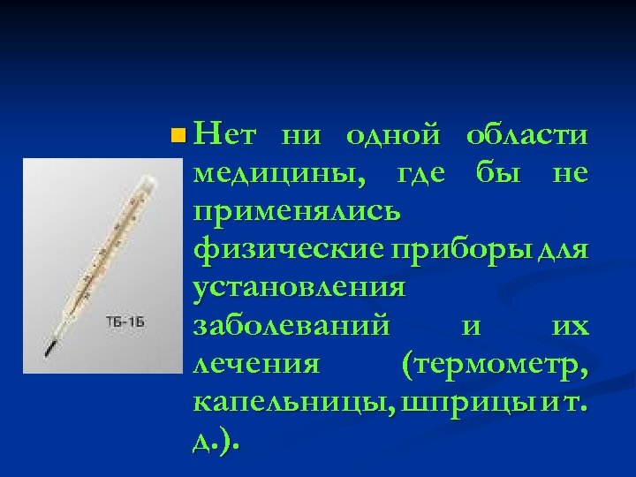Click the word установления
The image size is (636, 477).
[299, 287]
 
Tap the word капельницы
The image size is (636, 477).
[292, 401]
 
